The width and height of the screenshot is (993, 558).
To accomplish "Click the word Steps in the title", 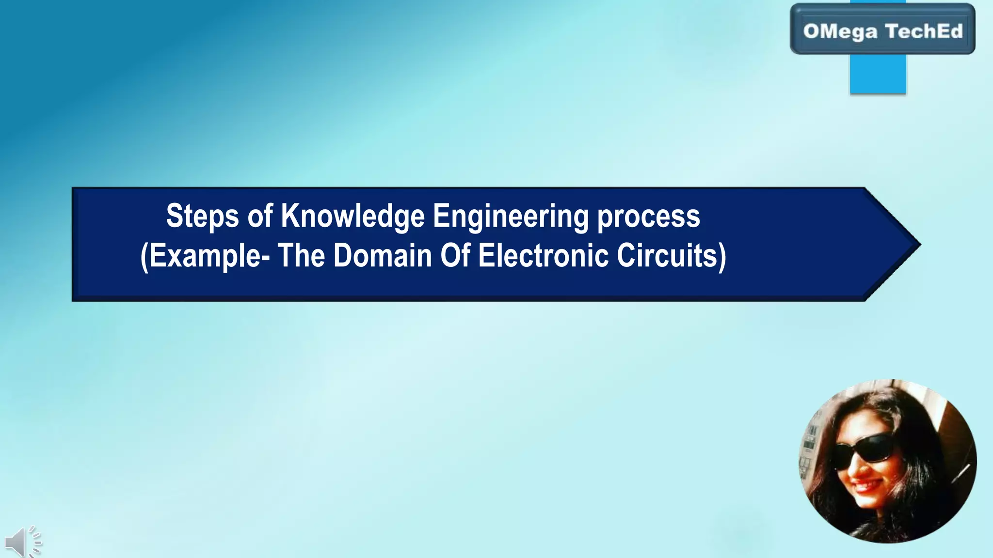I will pyautogui.click(x=202, y=216).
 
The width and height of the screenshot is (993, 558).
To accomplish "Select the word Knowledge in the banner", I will pyautogui.click(x=352, y=216).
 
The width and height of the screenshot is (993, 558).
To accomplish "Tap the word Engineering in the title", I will pyautogui.click(x=510, y=216).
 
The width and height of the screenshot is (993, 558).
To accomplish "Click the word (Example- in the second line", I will pyautogui.click(x=205, y=256).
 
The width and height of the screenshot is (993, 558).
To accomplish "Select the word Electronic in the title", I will pyautogui.click(x=543, y=255).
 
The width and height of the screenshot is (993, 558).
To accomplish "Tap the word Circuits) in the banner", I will pyautogui.click(x=672, y=256).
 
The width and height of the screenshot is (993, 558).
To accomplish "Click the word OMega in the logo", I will pyautogui.click(x=840, y=31).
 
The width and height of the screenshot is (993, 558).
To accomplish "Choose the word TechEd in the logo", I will pyautogui.click(x=924, y=31).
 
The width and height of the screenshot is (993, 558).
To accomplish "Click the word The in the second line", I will pyautogui.click(x=301, y=255).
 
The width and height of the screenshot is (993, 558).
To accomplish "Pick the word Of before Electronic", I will pyautogui.click(x=455, y=255).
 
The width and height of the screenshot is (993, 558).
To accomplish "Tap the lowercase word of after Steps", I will pyautogui.click(x=260, y=216).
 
